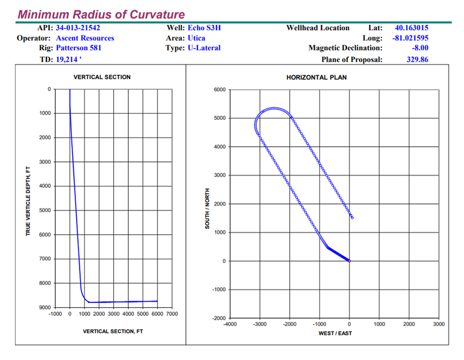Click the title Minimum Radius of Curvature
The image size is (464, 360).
(x=101, y=14)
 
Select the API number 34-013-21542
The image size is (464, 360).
(x=78, y=28)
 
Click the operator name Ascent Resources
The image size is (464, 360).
(x=85, y=38)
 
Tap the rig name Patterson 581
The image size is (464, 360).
(x=78, y=48)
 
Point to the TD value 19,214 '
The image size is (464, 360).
(x=69, y=59)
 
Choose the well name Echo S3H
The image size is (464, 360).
(x=204, y=28)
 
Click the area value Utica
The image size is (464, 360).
(x=196, y=38)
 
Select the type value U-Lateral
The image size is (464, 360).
(x=204, y=48)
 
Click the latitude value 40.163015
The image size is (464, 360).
(x=411, y=28)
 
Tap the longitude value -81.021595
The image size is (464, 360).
(x=410, y=38)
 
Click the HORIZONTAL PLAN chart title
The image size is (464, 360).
(x=316, y=77)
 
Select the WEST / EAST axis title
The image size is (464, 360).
(x=335, y=333)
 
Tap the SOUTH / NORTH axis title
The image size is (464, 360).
(x=207, y=208)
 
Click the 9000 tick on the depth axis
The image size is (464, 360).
(x=45, y=307)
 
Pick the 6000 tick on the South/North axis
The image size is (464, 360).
(x=219, y=90)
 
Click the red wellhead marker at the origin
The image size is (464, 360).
(x=349, y=261)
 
